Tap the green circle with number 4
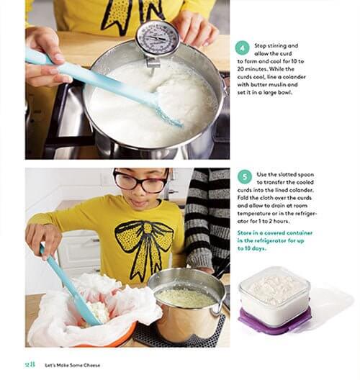(242, 47)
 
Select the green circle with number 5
(244, 176)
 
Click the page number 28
(30, 364)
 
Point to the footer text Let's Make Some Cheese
(72, 365)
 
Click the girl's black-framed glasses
(141, 181)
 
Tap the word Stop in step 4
(260, 46)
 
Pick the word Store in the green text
(244, 233)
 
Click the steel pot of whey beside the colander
(187, 304)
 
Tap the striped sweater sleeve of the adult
(207, 218)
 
